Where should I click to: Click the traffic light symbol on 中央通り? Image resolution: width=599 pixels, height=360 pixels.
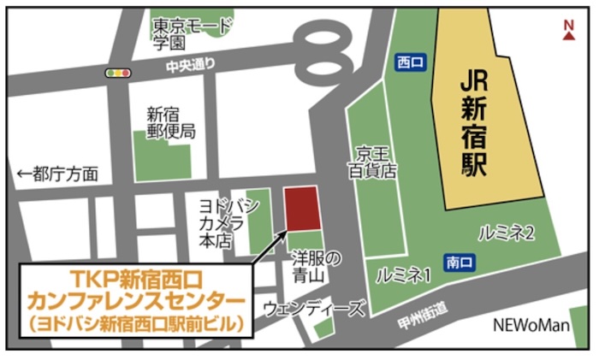[x=117, y=74]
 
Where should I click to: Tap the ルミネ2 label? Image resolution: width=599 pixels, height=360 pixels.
[x=507, y=232]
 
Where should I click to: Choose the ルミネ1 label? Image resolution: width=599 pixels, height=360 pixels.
[x=403, y=275]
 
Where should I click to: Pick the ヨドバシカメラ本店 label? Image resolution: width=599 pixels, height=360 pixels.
[x=222, y=224]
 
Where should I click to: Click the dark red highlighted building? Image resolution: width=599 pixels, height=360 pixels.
[x=302, y=208]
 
